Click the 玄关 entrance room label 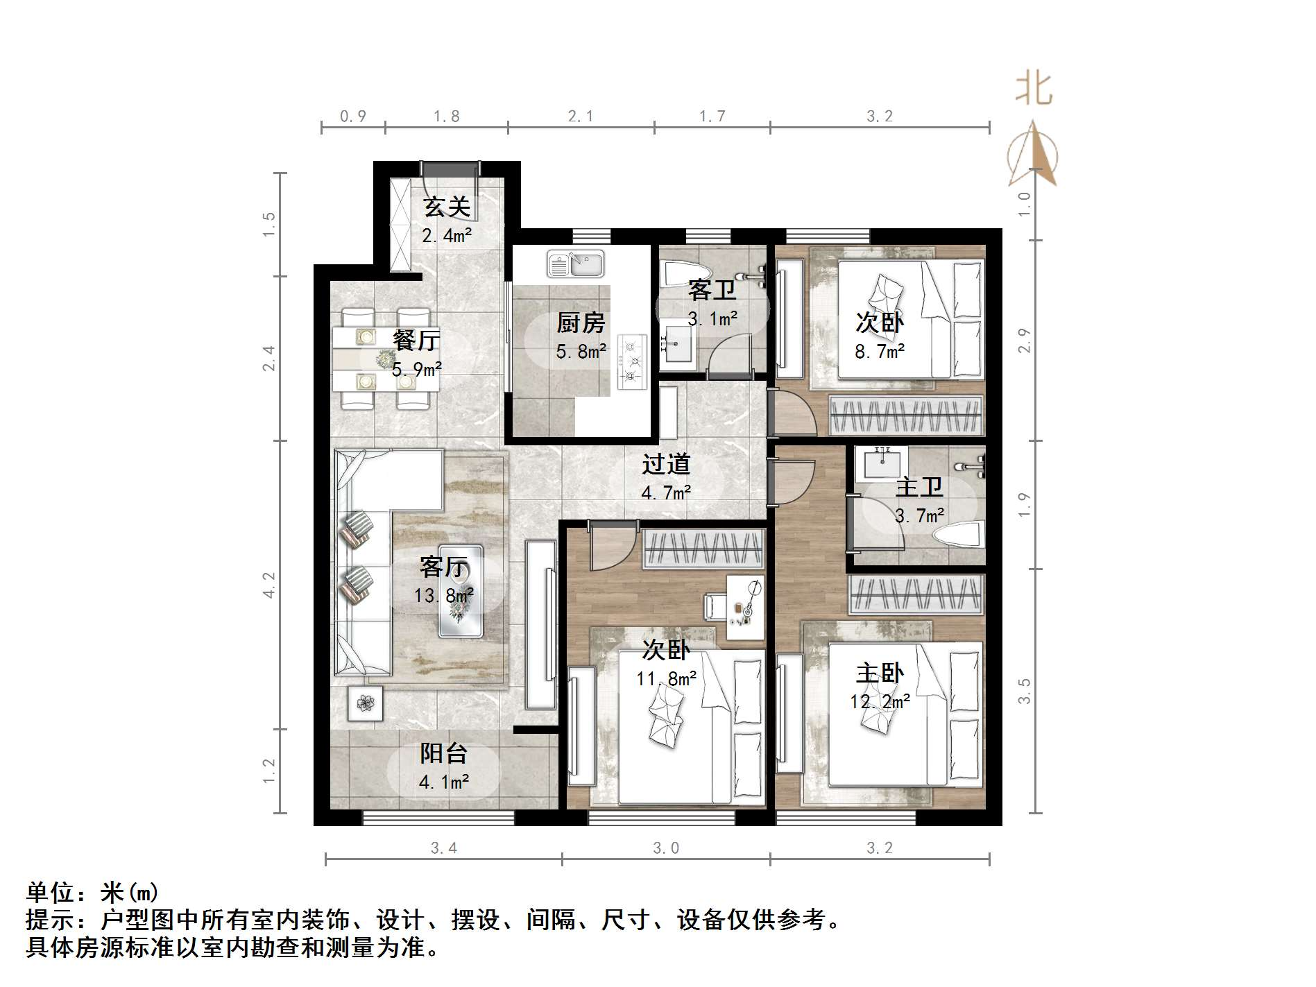pyautogui.click(x=447, y=207)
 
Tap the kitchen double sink pyautogui.click(x=576, y=264)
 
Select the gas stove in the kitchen pyautogui.click(x=631, y=361)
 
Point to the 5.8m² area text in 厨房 pyautogui.click(x=581, y=352)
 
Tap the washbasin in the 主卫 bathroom pyautogui.click(x=881, y=462)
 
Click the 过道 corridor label pyautogui.click(x=666, y=464)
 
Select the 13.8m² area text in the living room pyautogui.click(x=444, y=595)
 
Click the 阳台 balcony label pyautogui.click(x=444, y=753)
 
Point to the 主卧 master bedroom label pyautogui.click(x=880, y=673)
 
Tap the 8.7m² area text pyautogui.click(x=880, y=352)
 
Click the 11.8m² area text pyautogui.click(x=667, y=678)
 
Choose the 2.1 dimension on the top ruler pyautogui.click(x=581, y=117)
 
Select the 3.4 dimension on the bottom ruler pyautogui.click(x=444, y=848)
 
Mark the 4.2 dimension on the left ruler pyautogui.click(x=269, y=585)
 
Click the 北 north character pyautogui.click(x=1034, y=90)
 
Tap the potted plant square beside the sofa pyautogui.click(x=365, y=703)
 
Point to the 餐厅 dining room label pyautogui.click(x=416, y=340)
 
